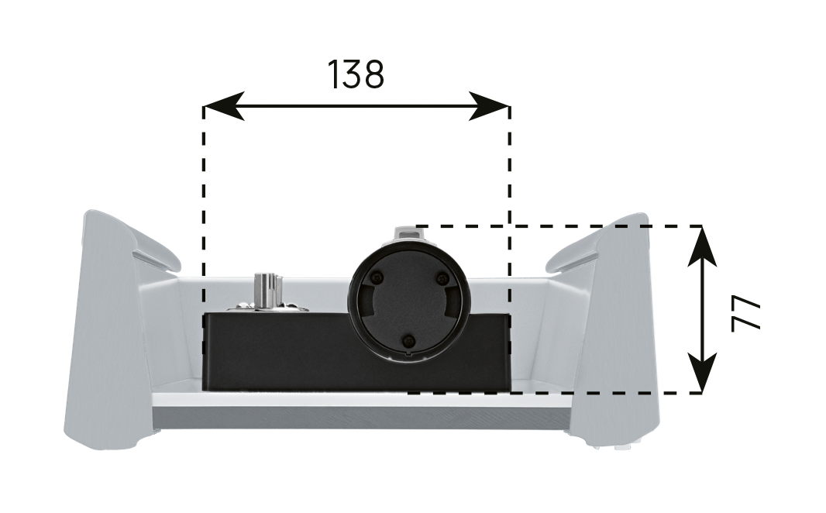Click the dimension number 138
(x=356, y=74)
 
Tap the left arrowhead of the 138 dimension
(x=224, y=106)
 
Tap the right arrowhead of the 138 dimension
(x=490, y=106)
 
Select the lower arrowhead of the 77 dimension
(x=702, y=373)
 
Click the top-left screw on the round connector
(x=376, y=277)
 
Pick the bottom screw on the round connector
(x=408, y=341)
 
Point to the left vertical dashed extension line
(x=204, y=247)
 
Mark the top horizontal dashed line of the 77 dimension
(x=559, y=226)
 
